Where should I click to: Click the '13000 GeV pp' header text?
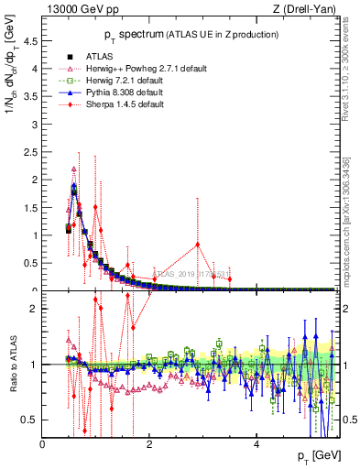(81, 9)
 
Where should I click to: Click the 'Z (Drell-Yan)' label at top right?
(307, 9)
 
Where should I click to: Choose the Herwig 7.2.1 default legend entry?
(128, 81)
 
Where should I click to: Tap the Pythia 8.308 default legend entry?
(127, 93)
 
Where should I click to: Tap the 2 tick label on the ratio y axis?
(35, 309)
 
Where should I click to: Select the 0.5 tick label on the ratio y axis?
(30, 420)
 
